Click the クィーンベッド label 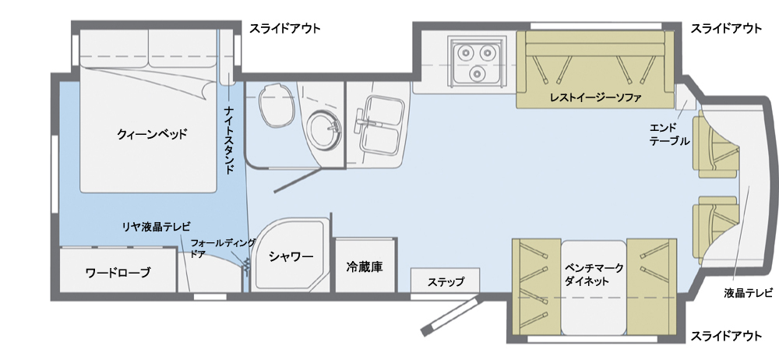(x=152, y=134)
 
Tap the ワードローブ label (x=118, y=273)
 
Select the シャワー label (x=291, y=256)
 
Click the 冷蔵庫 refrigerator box (x=365, y=266)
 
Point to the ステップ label (x=446, y=282)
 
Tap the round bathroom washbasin (x=324, y=129)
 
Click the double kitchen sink (x=381, y=125)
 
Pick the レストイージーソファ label (x=596, y=97)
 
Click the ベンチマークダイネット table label (x=594, y=274)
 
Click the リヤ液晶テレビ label (x=157, y=228)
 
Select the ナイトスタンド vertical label (x=230, y=139)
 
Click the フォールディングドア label (x=223, y=248)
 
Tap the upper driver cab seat (x=715, y=144)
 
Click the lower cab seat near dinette (x=715, y=230)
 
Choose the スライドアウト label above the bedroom (x=285, y=28)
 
